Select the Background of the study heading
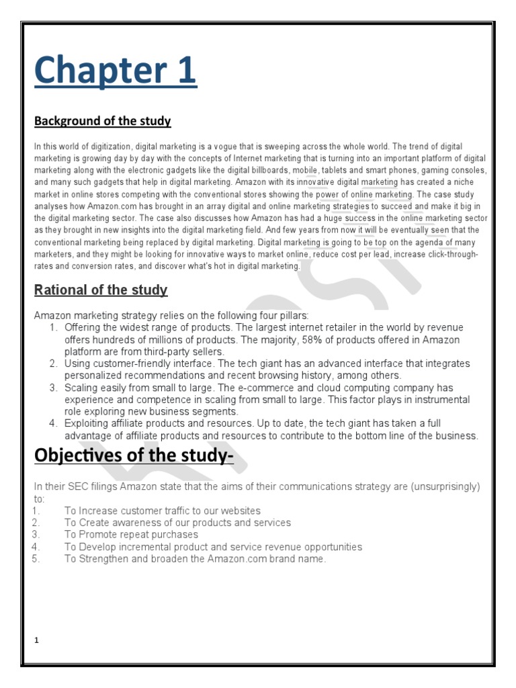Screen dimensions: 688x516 [103, 122]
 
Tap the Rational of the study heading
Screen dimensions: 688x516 [101, 290]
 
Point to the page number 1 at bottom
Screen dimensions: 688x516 [38, 640]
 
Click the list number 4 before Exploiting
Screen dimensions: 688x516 [53, 423]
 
